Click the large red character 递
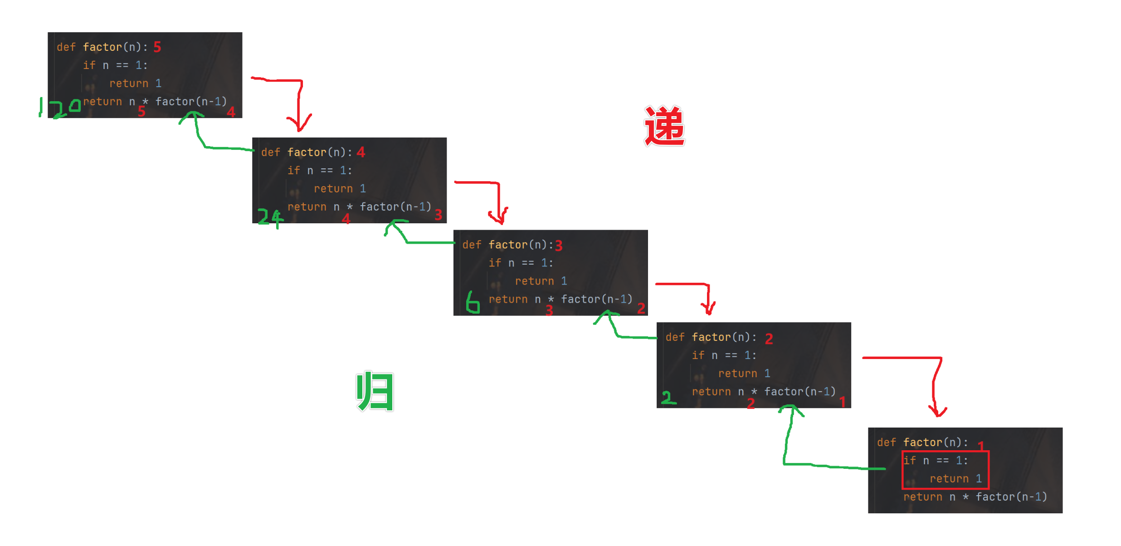(664, 126)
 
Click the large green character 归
(375, 391)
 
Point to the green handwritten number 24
(270, 218)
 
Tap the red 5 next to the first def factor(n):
(157, 47)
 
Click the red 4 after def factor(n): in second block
(361, 152)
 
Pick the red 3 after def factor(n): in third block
(559, 246)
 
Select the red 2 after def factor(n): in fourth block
(769, 339)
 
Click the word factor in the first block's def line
(102, 47)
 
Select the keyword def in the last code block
(887, 443)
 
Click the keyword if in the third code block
(495, 263)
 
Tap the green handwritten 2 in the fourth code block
(668, 398)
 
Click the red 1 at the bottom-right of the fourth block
(843, 402)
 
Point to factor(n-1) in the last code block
(1011, 497)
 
